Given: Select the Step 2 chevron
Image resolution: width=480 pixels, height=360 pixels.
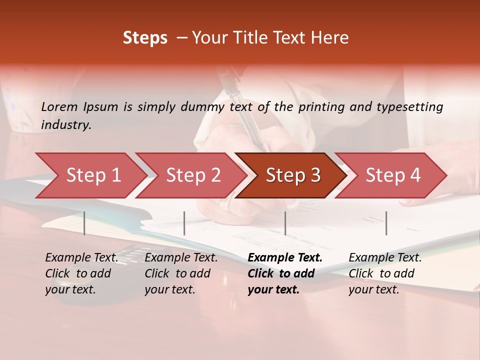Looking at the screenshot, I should pos(193,175).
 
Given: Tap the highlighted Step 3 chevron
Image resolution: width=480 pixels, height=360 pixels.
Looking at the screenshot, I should pos(293,175).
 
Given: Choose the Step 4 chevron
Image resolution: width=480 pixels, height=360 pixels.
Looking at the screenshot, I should pos(393,175).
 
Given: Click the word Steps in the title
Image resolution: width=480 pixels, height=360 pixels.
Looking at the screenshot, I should pos(145,38).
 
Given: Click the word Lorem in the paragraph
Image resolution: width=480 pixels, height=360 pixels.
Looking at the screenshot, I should pos(59,107).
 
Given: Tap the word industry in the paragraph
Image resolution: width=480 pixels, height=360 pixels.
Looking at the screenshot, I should pos(66,125).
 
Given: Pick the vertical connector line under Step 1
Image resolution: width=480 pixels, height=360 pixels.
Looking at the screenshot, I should pos(84,223).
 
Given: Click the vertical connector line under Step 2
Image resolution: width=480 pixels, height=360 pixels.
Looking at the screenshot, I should pos(184,223).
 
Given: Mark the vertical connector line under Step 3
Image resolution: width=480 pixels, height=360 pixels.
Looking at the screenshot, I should pos(285,223).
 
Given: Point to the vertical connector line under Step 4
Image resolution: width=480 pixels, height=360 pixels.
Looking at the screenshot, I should pos(386,223).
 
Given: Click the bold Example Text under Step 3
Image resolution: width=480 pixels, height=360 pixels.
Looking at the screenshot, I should pos(285,258).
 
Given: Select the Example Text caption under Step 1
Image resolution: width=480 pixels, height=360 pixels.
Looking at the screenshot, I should pos(81,258).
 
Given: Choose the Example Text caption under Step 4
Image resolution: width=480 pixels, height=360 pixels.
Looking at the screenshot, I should pos(385,258).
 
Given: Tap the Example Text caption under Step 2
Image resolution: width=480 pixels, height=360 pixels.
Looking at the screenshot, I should pos(181,258).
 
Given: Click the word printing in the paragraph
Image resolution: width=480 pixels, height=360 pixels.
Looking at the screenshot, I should pos(319,107).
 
